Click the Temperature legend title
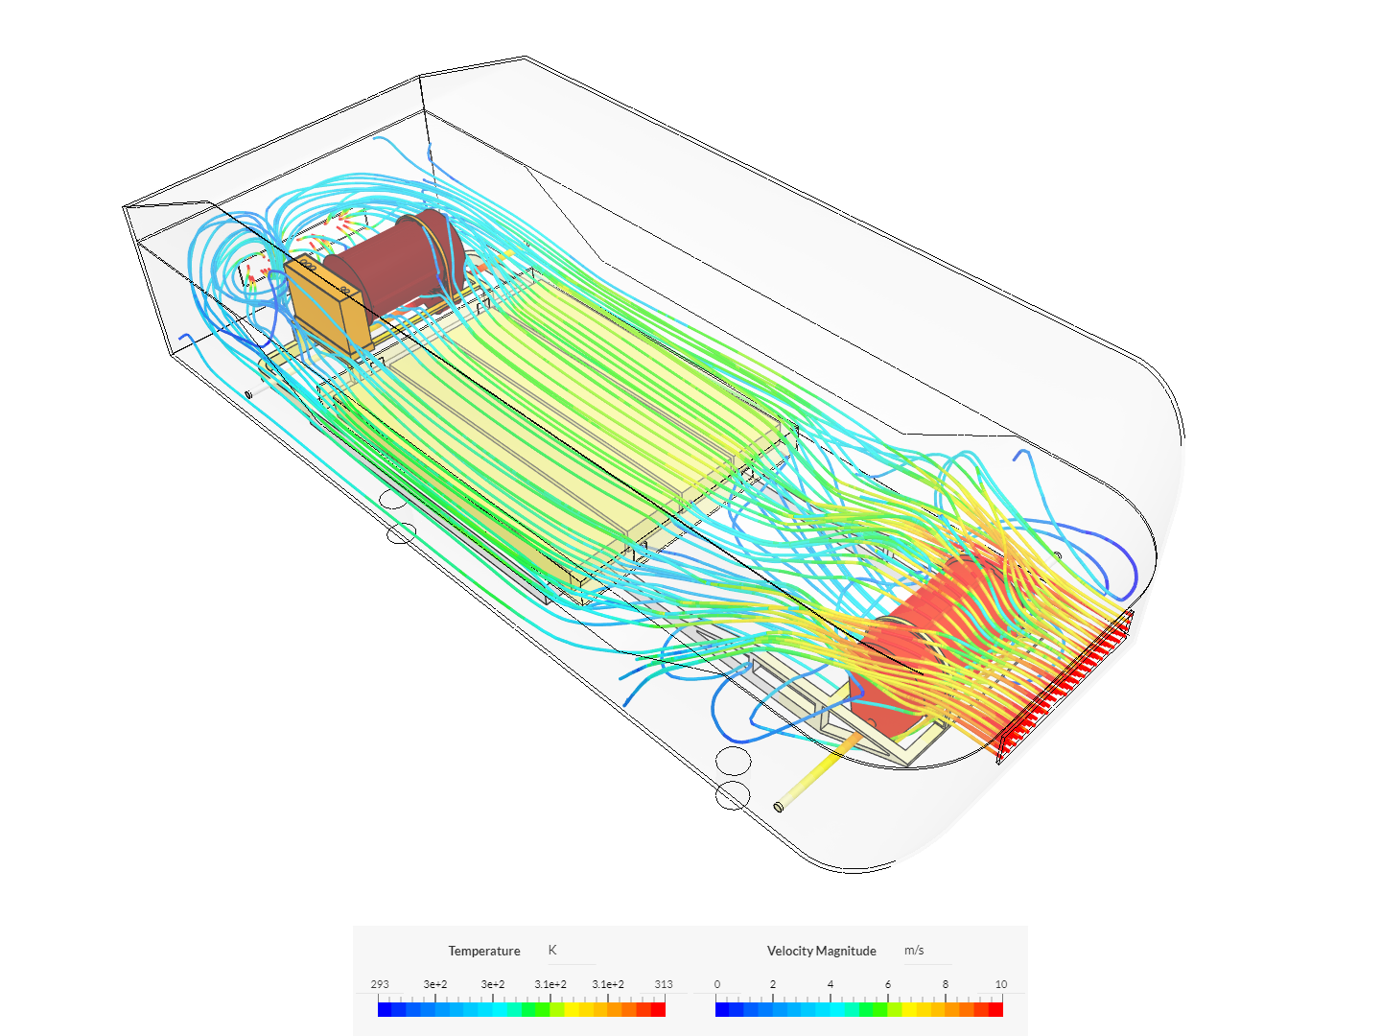pos(483,951)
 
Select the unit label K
pos(552,950)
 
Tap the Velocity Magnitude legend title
pos(821,951)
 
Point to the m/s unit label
pos(914,950)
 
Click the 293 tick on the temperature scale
pos(380,984)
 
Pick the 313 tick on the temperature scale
pos(664,984)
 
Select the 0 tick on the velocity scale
pos(717,984)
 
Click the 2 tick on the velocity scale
pos(773,984)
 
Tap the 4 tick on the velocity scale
pos(831,984)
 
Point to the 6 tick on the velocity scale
pos(888,984)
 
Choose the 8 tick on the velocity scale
pos(946,984)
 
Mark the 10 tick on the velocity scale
pos(1001,984)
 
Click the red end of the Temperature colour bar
pos(658,1009)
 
